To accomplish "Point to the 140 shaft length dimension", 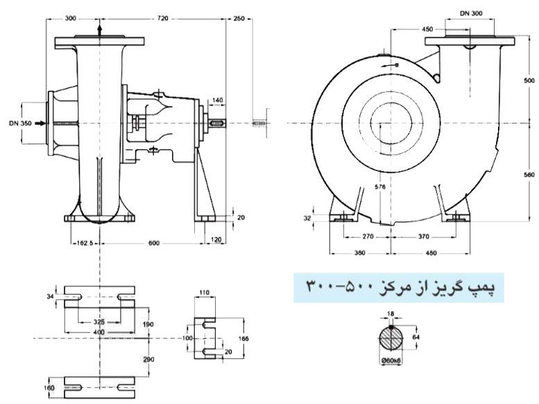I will click(x=217, y=101).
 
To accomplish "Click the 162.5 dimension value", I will click(x=84, y=243).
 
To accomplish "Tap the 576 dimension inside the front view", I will click(x=379, y=186).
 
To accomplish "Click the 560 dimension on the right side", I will click(x=529, y=175).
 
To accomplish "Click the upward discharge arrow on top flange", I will click(x=101, y=30).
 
